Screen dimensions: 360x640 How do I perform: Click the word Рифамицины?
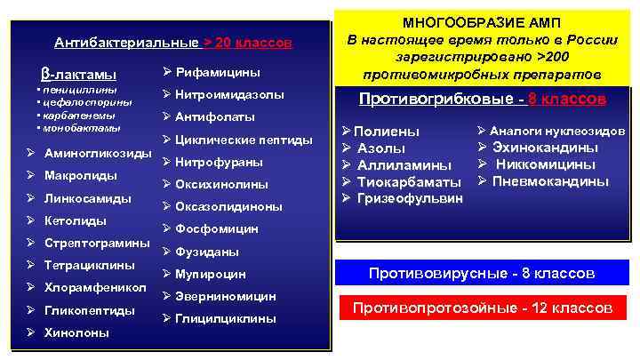(x=218, y=71)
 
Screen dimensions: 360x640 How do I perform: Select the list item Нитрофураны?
(x=220, y=162)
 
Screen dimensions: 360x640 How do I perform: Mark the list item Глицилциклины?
(x=226, y=318)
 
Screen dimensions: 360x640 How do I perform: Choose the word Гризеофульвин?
(x=410, y=197)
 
